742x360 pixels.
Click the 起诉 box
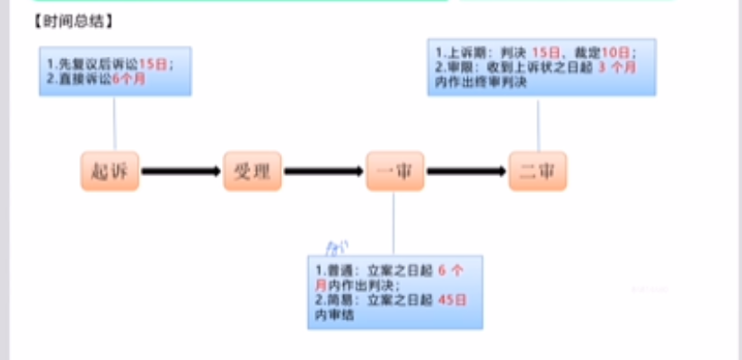point(110,170)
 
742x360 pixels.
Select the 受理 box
point(252,170)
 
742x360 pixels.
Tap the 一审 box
point(395,170)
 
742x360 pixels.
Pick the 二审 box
point(538,170)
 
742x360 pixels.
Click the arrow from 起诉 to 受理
point(181,170)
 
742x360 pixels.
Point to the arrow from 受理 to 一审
point(324,170)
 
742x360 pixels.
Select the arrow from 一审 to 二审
point(467,170)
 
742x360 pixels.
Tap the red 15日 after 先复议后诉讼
point(153,65)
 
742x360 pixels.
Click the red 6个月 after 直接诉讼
point(128,79)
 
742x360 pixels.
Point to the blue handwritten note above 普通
point(336,244)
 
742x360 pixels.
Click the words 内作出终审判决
point(475,82)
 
